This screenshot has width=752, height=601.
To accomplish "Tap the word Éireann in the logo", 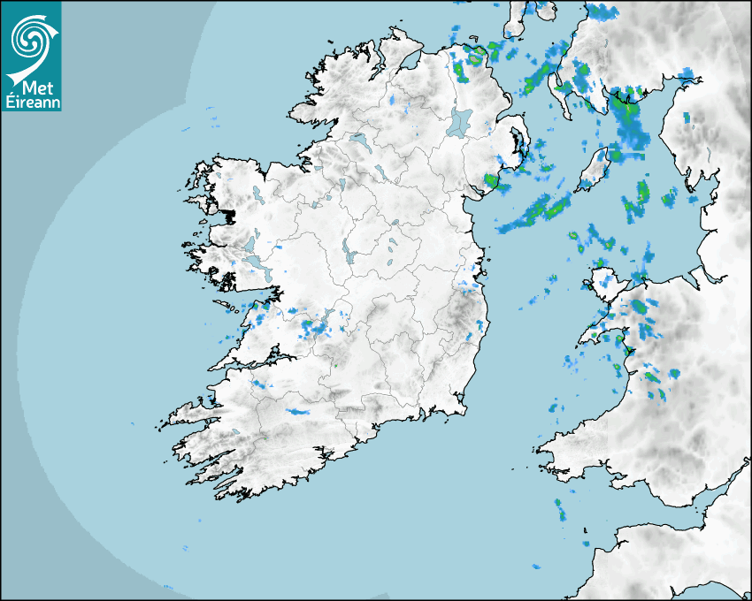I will (x=31, y=102).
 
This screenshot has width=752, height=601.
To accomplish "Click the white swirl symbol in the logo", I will (x=29, y=39).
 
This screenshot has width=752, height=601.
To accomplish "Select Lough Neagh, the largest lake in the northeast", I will (x=460, y=121).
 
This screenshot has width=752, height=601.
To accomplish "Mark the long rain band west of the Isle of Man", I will (x=536, y=213).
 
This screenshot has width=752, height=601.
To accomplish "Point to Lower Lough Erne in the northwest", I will (x=358, y=141).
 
